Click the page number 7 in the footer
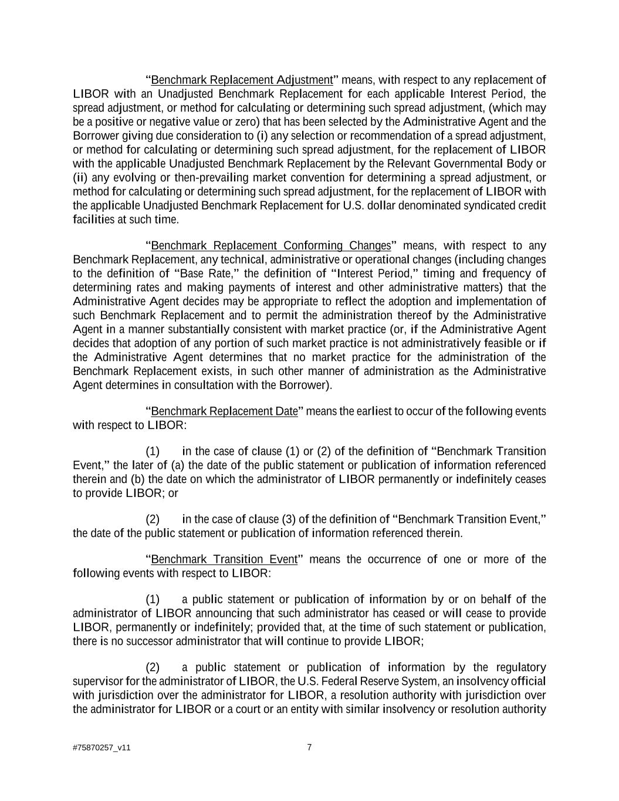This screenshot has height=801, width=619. click(309, 747)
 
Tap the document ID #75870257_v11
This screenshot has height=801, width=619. click(102, 748)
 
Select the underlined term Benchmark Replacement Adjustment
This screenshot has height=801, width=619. click(242, 80)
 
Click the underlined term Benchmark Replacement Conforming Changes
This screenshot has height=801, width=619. click(270, 245)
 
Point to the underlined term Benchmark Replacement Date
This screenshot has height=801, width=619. click(225, 411)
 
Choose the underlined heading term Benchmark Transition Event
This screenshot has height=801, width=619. click(224, 559)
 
